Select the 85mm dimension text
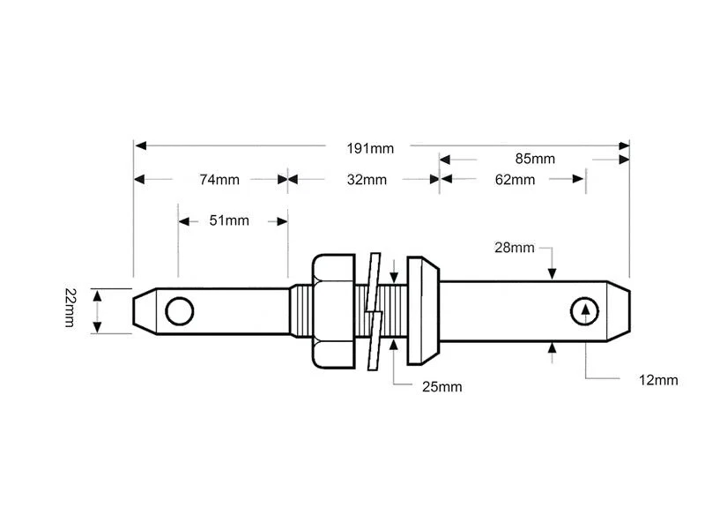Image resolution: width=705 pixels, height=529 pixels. point(535,160)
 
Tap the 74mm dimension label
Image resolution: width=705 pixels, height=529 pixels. point(219,180)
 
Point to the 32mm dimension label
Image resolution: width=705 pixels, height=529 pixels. point(367,180)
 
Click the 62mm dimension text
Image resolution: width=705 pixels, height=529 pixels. point(515,180)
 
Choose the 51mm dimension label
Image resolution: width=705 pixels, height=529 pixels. point(229,220)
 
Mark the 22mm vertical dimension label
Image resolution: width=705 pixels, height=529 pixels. point(70,307)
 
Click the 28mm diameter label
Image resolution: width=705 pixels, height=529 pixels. point(515,248)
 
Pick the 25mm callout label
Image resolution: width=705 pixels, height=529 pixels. point(442,386)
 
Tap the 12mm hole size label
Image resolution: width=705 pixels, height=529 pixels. point(658,380)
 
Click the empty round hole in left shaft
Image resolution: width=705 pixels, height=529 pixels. point(180,310)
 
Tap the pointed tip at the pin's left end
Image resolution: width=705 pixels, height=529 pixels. point(140,310)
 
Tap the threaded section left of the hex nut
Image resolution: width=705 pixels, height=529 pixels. point(299,310)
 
